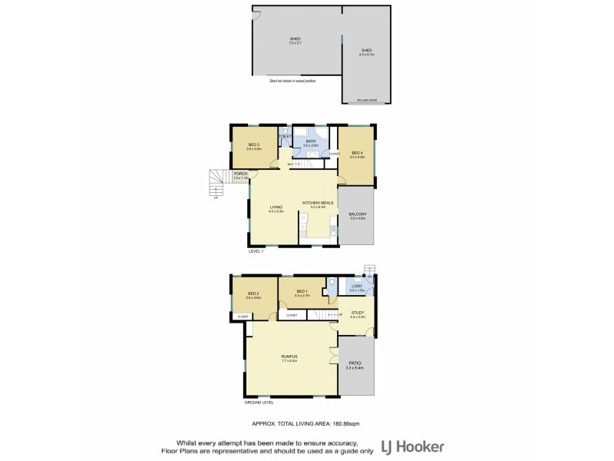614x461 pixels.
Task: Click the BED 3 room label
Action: [x=253, y=144]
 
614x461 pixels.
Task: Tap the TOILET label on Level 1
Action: [x=286, y=137]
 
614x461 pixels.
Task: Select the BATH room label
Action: [x=309, y=141]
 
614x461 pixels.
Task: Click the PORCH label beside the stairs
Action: [x=240, y=174]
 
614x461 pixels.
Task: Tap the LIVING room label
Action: [x=276, y=207]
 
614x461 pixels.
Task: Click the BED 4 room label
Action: [x=357, y=153]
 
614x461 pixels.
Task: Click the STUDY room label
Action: [x=358, y=313]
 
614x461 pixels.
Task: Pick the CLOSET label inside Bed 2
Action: [x=243, y=316]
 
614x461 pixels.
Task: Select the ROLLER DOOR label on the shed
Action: [x=367, y=100]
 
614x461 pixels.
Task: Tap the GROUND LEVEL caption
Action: [x=258, y=402]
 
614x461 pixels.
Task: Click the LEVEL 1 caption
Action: [x=256, y=251]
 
